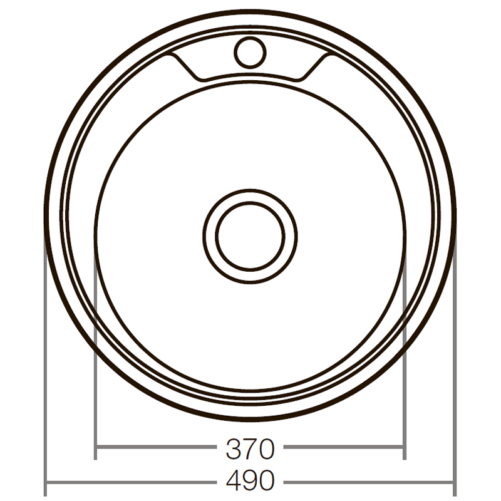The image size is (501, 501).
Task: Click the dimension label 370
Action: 249,448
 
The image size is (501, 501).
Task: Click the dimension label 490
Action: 249,481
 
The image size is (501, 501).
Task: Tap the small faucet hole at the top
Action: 249,51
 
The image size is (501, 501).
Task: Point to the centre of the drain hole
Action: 250,236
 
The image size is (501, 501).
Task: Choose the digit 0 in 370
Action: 266,448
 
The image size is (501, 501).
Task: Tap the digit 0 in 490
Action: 266,481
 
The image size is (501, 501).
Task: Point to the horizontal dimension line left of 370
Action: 157,448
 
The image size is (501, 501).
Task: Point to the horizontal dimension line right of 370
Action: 344,448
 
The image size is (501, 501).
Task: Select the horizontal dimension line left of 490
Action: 132,482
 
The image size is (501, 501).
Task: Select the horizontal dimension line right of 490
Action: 369,482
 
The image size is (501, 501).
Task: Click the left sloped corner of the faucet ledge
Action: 187,68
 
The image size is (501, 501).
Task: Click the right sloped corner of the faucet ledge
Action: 312,68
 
